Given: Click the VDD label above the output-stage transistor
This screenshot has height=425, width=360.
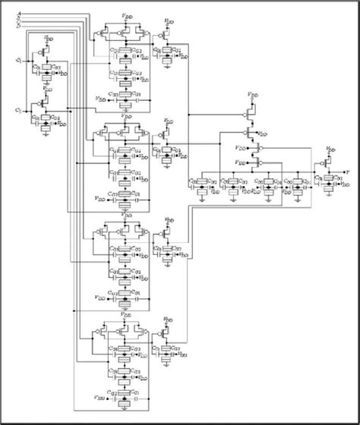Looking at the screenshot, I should (x=330, y=150).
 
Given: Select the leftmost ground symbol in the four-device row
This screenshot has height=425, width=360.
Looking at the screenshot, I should (x=202, y=199).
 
